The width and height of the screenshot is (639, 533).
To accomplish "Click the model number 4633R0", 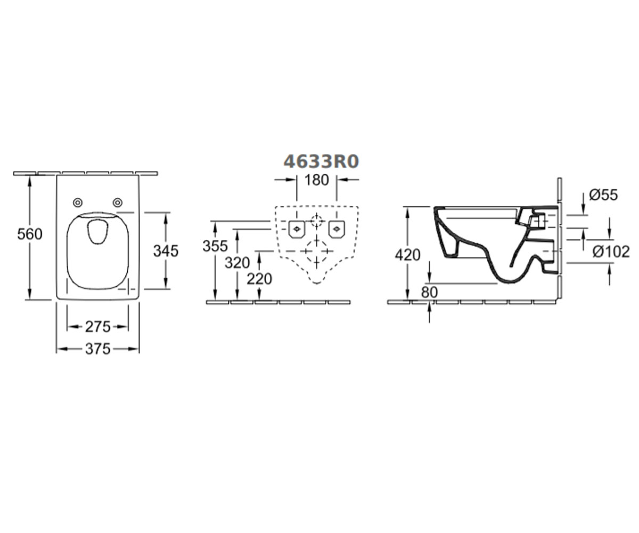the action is (321, 161).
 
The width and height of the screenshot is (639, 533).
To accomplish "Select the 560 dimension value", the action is (30, 235).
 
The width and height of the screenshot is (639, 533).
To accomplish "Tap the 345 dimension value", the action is (166, 251).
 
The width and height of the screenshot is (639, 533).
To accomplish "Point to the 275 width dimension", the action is (97, 327).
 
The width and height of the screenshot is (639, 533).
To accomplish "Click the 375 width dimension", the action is (97, 349).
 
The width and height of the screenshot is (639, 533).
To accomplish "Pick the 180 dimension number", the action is (317, 180).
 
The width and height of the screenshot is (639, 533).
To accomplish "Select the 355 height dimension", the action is (215, 246).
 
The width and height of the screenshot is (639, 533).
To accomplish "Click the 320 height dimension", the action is (237, 263).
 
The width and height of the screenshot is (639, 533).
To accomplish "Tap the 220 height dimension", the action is (259, 279).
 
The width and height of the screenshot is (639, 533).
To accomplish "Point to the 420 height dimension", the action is (407, 255).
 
